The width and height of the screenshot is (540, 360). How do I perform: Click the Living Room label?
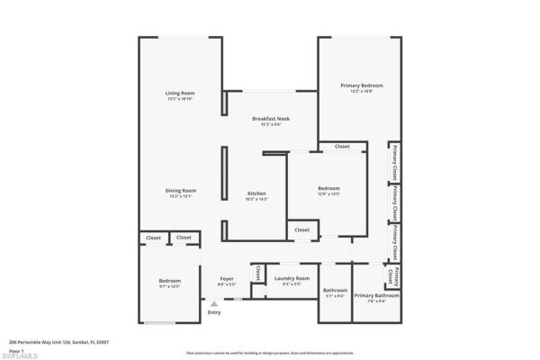click(180, 93)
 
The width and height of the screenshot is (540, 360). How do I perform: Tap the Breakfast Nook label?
click(270, 118)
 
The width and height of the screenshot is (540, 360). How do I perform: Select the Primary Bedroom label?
click(355, 85)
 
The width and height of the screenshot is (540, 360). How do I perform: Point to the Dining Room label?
click(180, 190)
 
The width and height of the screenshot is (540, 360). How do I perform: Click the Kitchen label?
click(256, 193)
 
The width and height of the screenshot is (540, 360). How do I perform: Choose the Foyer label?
click(227, 278)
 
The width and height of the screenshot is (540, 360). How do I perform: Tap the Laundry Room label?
click(292, 278)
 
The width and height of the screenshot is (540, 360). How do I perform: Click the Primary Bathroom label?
click(376, 295)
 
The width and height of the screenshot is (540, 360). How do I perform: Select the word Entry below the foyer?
click(213, 312)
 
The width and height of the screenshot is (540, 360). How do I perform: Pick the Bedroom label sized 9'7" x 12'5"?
click(170, 281)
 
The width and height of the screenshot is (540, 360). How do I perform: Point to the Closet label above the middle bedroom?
click(342, 146)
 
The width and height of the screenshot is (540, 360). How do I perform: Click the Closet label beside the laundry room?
click(257, 272)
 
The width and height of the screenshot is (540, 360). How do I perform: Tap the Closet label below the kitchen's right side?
click(301, 230)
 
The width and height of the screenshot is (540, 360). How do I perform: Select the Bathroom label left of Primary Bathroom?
click(335, 290)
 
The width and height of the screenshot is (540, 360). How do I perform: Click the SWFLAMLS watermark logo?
click(20, 353)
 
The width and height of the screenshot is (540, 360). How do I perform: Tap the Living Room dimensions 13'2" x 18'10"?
click(180, 98)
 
